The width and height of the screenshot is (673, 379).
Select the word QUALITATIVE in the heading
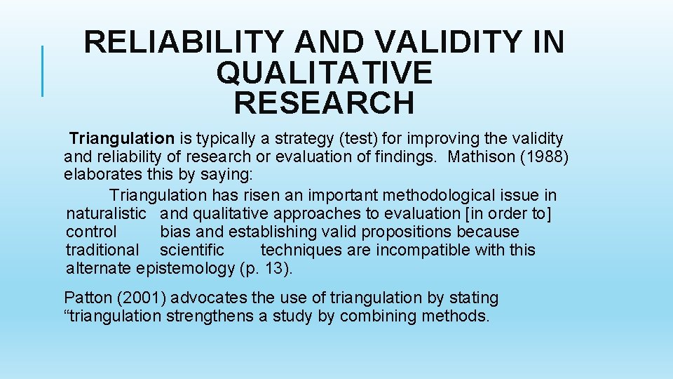[325, 73]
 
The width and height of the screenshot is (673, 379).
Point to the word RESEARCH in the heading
[324, 103]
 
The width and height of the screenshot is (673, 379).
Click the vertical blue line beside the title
[43, 70]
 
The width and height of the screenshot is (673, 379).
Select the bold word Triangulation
[121, 139]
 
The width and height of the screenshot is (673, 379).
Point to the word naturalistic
[106, 213]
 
